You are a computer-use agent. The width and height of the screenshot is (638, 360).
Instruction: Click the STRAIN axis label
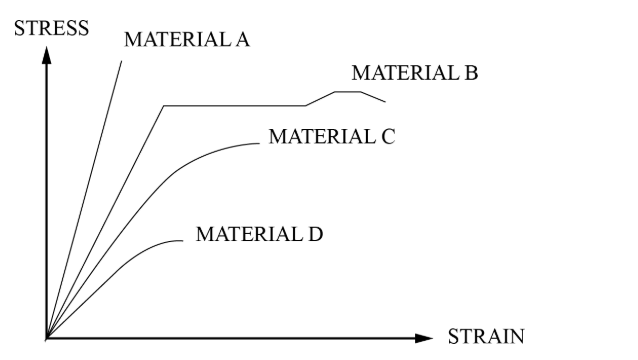coord(484,337)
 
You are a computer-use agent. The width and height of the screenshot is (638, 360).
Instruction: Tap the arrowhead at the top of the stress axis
coord(46,51)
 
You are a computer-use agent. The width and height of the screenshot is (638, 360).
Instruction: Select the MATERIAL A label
coord(187,40)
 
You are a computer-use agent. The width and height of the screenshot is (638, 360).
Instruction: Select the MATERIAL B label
coord(415,73)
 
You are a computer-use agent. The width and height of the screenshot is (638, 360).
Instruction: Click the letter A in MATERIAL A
coord(242,40)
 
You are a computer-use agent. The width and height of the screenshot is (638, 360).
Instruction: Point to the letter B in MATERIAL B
coord(471,73)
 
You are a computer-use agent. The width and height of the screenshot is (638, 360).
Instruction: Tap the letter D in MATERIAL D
coord(316,235)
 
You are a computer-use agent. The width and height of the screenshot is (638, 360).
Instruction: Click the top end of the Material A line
coord(122,60)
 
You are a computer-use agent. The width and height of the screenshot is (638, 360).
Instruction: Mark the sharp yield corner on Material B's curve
coord(164,105)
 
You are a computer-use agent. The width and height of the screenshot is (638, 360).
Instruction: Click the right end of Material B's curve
coord(385,101)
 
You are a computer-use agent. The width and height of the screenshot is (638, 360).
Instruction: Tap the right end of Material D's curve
coord(184,240)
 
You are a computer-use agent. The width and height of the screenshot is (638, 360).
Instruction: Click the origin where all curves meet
coord(46,338)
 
